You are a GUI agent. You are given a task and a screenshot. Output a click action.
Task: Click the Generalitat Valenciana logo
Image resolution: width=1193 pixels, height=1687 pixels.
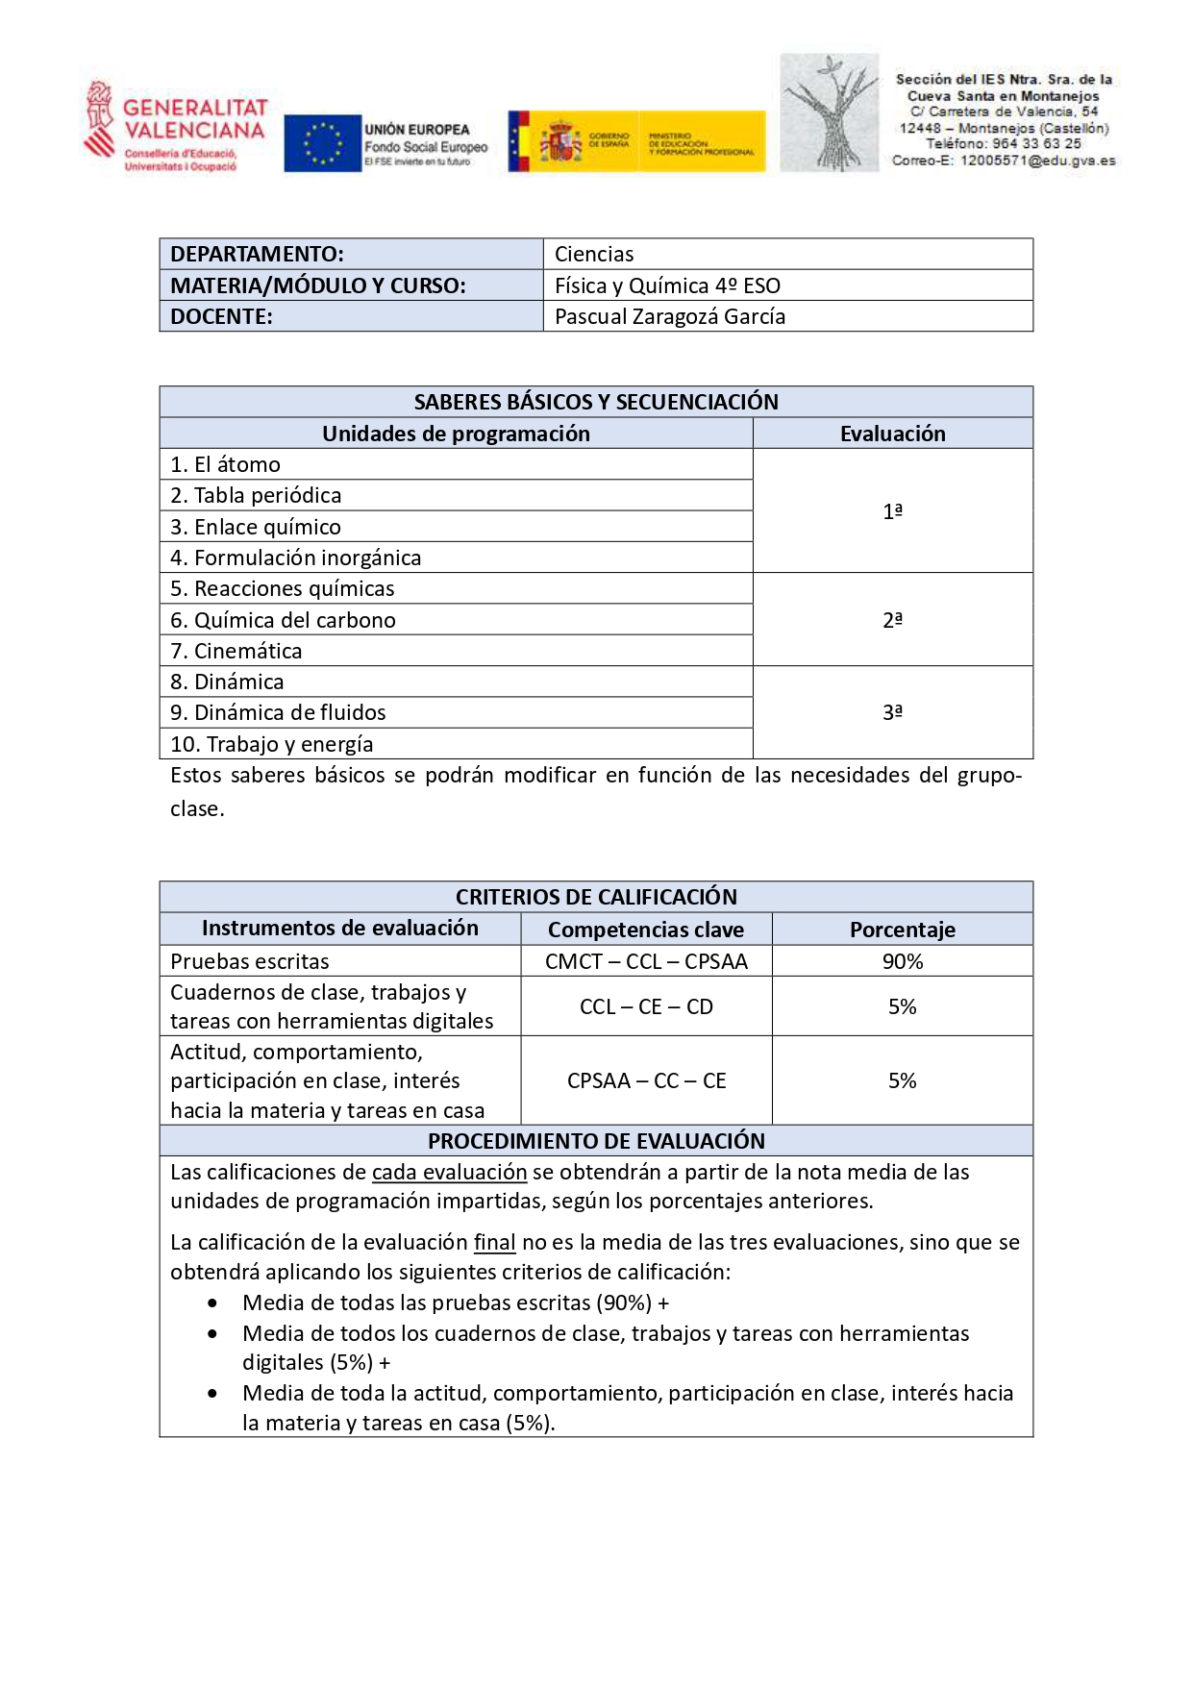175,127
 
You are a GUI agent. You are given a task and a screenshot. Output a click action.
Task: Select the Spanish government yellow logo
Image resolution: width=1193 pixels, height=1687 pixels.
636,142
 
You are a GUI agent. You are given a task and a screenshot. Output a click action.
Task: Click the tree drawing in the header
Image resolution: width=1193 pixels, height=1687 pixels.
829,113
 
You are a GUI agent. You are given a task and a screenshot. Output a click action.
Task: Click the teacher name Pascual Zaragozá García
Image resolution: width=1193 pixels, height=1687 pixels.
670,316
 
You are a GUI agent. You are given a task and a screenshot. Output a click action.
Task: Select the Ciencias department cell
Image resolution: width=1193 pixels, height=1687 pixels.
594,254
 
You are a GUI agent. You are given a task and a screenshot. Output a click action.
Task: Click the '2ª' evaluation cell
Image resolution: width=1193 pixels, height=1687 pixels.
892,620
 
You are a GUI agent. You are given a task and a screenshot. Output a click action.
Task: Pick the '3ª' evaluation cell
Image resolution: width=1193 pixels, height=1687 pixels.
892,712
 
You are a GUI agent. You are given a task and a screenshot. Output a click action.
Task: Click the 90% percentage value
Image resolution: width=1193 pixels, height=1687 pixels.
902,961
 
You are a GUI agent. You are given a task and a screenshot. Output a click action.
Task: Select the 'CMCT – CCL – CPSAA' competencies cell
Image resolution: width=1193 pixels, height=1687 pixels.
646,961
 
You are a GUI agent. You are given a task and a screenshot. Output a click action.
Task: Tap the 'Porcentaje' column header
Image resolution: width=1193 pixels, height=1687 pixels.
902,930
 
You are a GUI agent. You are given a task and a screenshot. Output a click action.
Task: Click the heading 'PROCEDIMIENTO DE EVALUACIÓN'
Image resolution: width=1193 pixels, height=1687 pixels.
596,1141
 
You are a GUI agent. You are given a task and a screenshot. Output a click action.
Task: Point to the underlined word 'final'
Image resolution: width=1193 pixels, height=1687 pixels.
494,1242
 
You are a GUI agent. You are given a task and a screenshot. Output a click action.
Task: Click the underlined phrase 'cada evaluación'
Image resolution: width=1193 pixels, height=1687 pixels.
449,1172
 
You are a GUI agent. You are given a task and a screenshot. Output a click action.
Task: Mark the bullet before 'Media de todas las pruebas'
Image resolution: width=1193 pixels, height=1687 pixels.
212,1303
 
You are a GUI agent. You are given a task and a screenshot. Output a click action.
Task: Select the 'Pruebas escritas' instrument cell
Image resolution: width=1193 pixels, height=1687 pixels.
250,961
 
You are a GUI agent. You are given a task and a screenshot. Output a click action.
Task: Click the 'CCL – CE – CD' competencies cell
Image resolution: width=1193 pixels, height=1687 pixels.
646,1006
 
